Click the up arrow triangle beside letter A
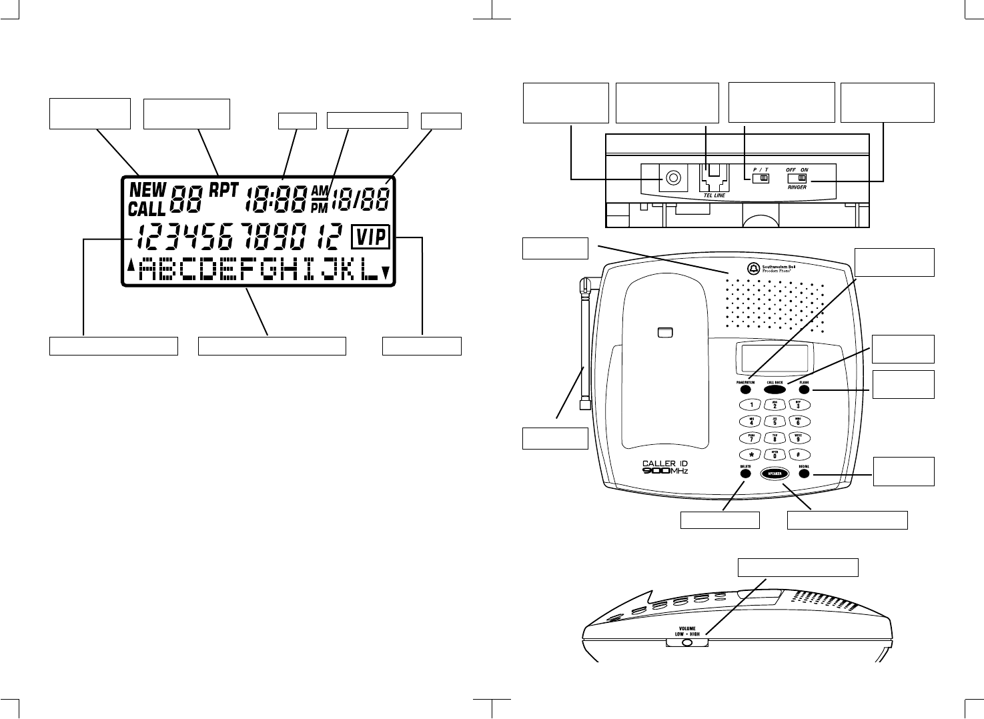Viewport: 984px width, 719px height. [131, 265]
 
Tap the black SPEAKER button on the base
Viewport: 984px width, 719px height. [775, 474]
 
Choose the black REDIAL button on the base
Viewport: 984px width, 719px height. [804, 474]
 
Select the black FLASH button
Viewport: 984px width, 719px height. [804, 390]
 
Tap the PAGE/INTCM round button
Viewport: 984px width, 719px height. [745, 390]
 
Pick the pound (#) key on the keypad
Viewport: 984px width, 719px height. [799, 454]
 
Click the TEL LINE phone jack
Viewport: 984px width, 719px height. [712, 178]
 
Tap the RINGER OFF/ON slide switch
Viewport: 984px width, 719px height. [797, 179]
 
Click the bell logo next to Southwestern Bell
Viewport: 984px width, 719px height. [753, 268]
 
